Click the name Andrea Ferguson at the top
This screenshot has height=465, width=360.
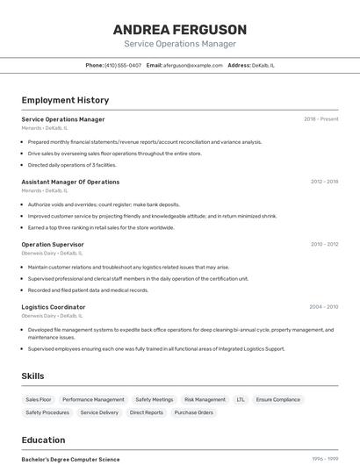(x=180, y=29)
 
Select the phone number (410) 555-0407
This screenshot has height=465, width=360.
(x=123, y=65)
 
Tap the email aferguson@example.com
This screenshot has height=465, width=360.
(x=192, y=65)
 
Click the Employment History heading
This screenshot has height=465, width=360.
(x=65, y=100)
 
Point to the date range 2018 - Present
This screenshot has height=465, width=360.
(x=320, y=119)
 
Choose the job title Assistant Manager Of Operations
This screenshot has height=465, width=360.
(x=70, y=182)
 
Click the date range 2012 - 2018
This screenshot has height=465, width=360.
(x=324, y=182)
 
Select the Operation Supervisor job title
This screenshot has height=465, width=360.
(x=53, y=244)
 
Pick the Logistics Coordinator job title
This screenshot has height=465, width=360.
(x=54, y=307)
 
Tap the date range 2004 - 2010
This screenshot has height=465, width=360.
(x=323, y=307)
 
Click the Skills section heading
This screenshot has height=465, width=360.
(x=32, y=376)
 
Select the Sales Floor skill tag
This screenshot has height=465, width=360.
(x=39, y=399)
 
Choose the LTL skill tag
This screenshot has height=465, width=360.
(x=241, y=399)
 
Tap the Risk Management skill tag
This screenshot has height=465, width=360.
(x=205, y=399)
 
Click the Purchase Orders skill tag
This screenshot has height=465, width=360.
(x=193, y=412)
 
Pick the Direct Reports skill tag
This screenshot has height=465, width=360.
(x=147, y=412)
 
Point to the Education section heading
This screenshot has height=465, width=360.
(x=43, y=440)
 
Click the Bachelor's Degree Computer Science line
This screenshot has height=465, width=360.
(x=70, y=459)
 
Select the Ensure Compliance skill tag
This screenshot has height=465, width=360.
(x=278, y=399)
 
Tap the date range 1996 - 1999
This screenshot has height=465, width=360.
(x=325, y=459)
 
